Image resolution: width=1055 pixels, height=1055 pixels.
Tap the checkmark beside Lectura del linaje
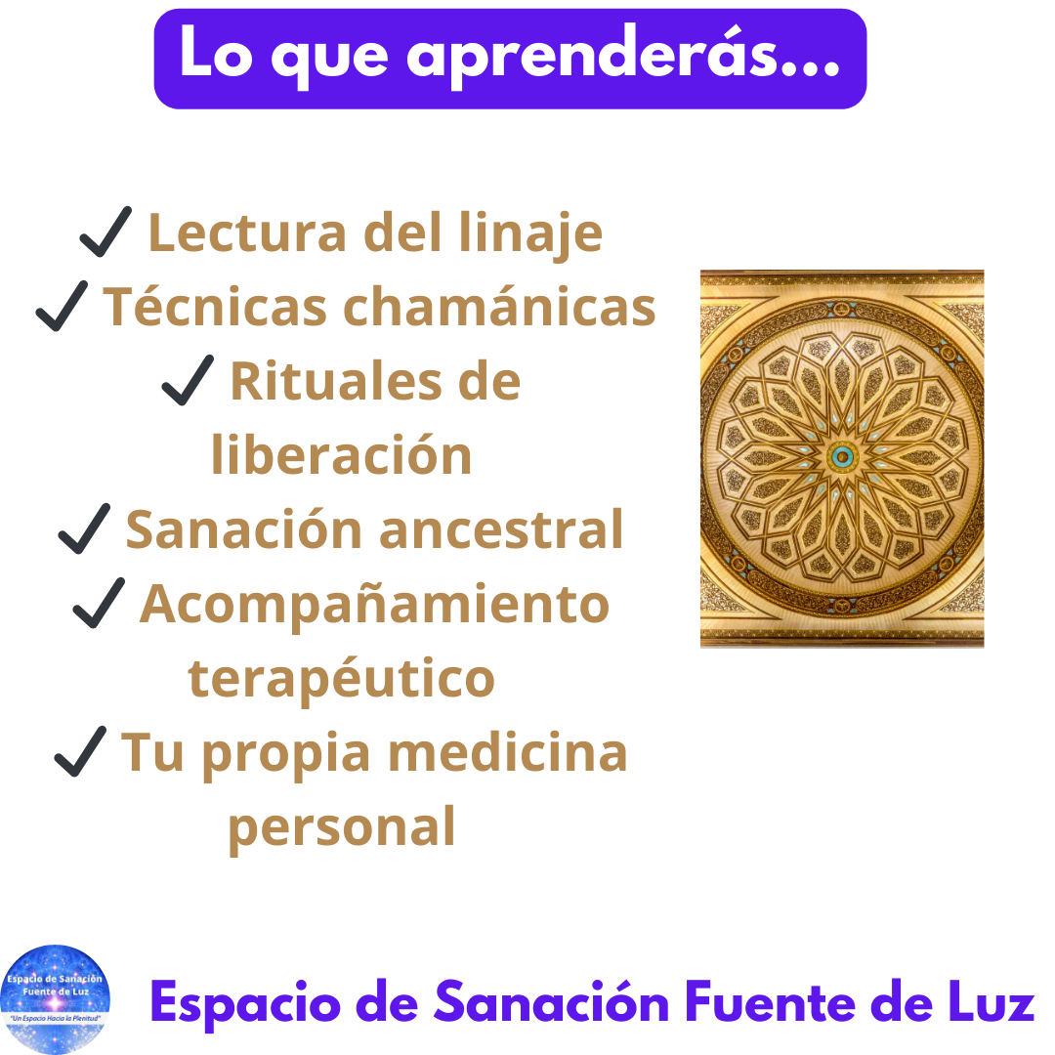(x=106, y=232)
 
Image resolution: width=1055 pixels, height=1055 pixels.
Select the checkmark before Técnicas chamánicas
(x=62, y=306)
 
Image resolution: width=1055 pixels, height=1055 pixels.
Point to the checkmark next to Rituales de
(x=189, y=380)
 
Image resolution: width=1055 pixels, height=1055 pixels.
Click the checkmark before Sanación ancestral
(x=85, y=528)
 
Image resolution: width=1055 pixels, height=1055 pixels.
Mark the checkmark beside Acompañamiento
(x=99, y=603)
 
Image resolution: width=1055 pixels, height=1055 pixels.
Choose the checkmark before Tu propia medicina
(x=81, y=751)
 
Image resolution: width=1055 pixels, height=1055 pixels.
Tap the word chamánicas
(x=499, y=307)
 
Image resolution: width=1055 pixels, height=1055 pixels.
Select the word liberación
(x=342, y=454)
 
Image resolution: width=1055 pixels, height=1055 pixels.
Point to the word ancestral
(x=502, y=529)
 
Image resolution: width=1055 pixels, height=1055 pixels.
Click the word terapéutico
(x=342, y=678)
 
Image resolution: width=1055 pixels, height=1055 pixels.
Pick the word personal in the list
(x=342, y=827)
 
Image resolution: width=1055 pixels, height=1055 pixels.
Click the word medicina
(x=508, y=752)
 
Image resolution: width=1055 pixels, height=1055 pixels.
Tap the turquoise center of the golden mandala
(x=842, y=457)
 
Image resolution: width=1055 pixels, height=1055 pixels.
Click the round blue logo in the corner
(x=55, y=1000)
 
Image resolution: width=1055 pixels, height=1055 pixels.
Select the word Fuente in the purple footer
(x=770, y=1002)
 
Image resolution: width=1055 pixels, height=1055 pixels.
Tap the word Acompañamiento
(x=375, y=605)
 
